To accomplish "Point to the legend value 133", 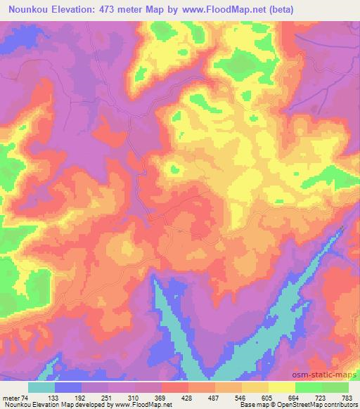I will coord(67,398).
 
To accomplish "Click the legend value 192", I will coord(94,398).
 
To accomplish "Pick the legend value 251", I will coord(120,398).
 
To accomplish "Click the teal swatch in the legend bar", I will coord(41,387).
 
